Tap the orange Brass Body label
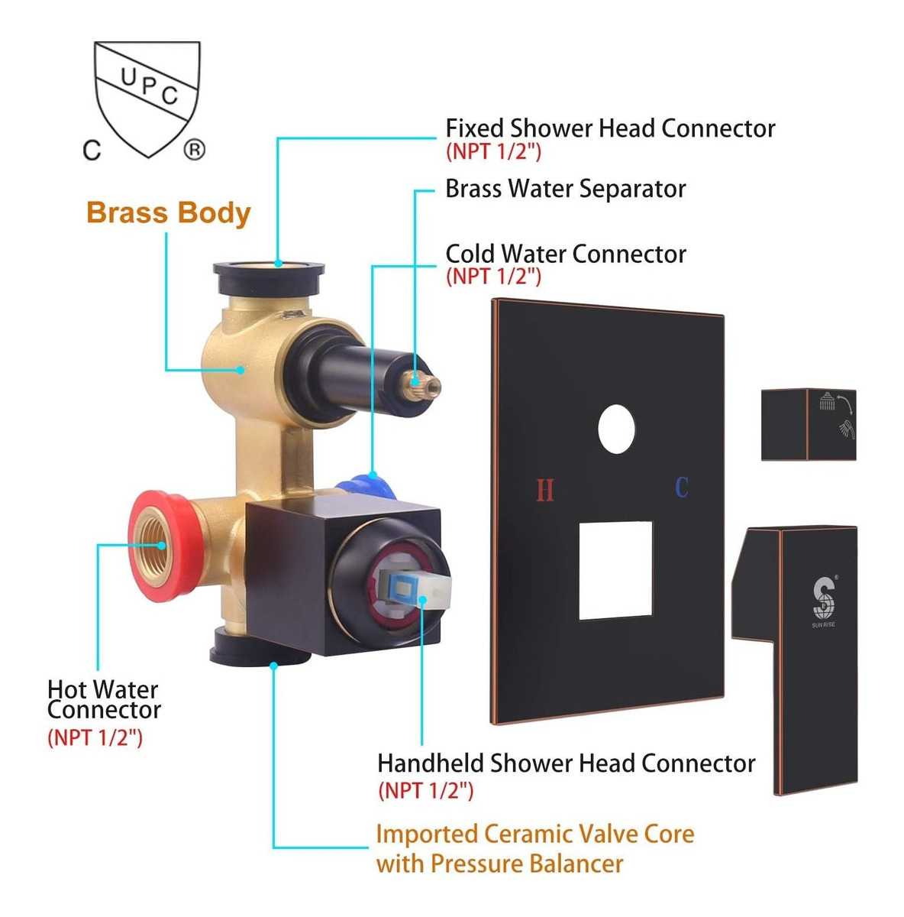(x=168, y=212)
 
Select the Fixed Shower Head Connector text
(x=610, y=128)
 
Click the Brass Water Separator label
(x=565, y=189)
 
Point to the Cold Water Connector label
(x=566, y=254)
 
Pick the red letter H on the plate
(x=544, y=490)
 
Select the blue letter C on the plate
(x=682, y=488)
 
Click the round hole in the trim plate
(x=617, y=429)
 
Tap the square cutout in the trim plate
(x=615, y=570)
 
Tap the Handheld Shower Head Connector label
(x=566, y=763)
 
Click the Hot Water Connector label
(x=104, y=699)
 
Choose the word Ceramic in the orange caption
(x=528, y=834)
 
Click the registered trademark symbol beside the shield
(x=194, y=151)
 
